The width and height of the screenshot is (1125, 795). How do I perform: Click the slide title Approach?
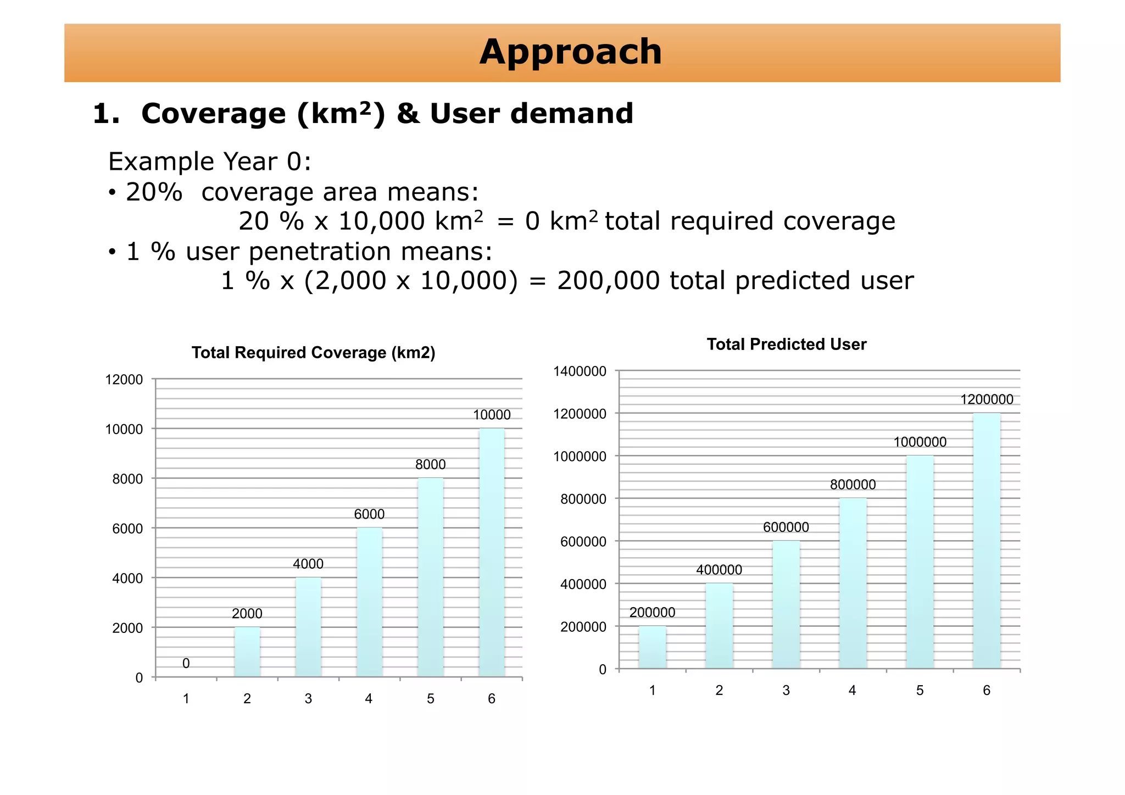(570, 52)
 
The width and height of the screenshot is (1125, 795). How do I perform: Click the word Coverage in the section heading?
(213, 114)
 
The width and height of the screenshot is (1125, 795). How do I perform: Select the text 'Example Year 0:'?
(210, 162)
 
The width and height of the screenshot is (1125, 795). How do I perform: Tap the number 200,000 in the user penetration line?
(608, 281)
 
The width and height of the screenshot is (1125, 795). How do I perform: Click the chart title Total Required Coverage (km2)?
(313, 353)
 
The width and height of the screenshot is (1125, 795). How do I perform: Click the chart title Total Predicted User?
(786, 344)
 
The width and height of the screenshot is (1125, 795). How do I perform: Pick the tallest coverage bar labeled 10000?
(492, 552)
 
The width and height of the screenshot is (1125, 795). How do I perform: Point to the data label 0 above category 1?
(186, 664)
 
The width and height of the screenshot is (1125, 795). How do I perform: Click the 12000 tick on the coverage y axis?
(124, 380)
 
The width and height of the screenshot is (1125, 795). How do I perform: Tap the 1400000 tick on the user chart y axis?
(580, 371)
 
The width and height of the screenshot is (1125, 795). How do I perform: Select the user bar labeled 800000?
(853, 583)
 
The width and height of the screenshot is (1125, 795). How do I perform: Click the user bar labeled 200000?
(652, 647)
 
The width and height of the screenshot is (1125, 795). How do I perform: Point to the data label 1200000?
(987, 399)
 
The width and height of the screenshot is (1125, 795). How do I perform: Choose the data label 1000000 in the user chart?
(920, 442)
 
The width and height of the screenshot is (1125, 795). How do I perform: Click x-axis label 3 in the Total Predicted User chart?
(786, 691)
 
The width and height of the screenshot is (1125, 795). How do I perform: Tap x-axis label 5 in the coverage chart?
(430, 699)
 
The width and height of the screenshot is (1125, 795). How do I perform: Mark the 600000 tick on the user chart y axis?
(583, 542)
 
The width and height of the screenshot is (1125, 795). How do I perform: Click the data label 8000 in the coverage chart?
(430, 465)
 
